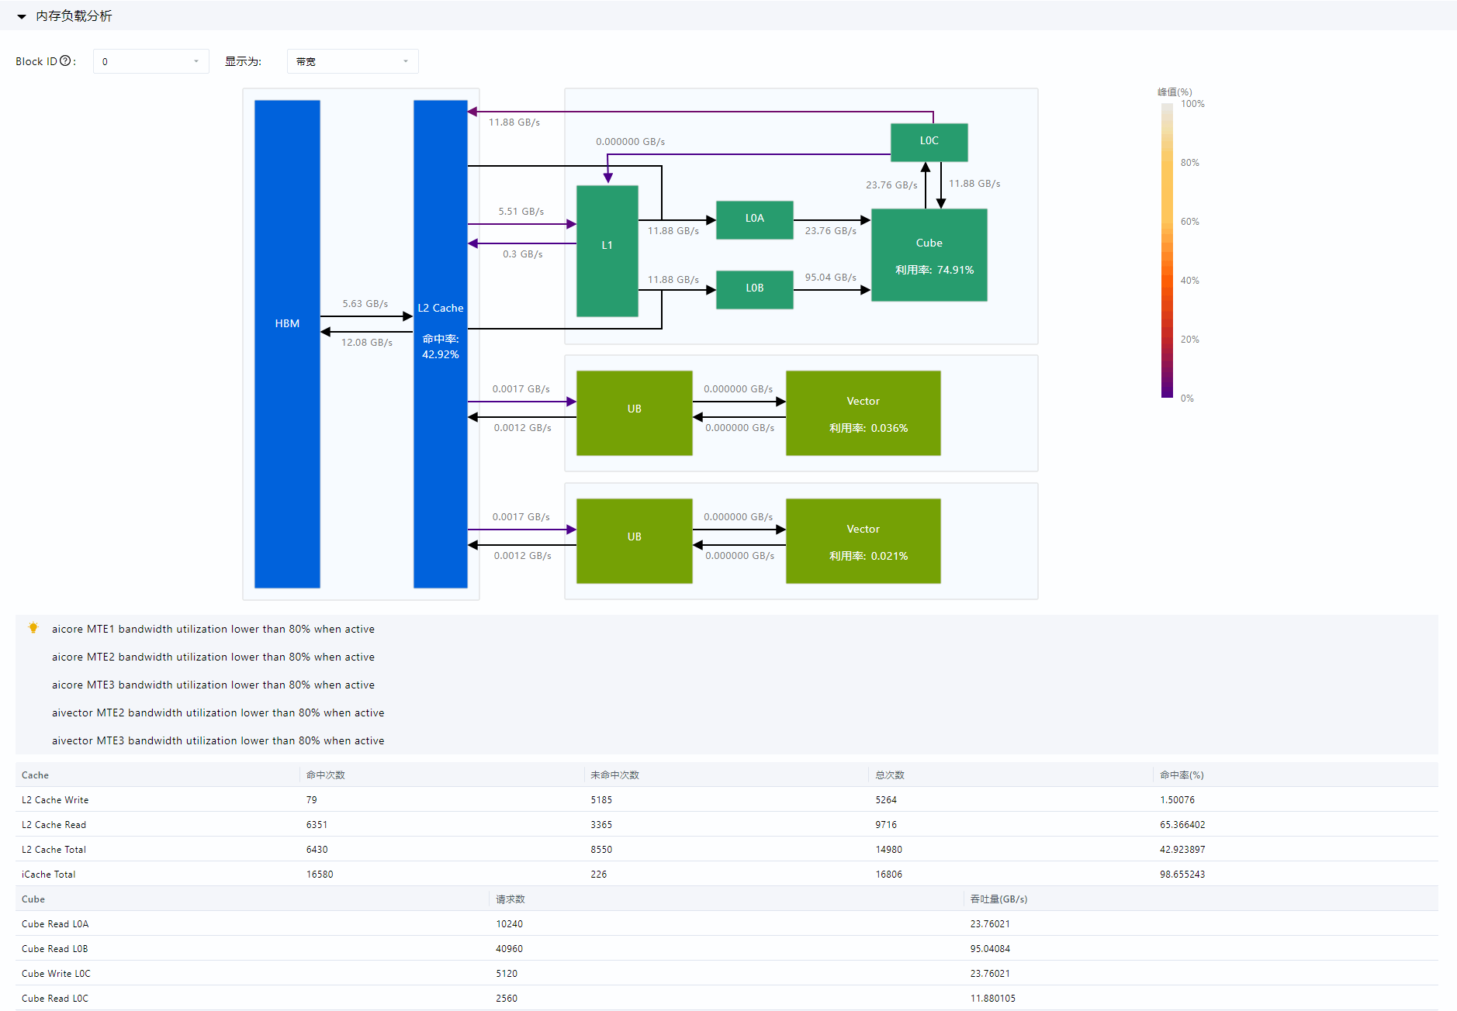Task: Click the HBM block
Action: pyautogui.click(x=287, y=343)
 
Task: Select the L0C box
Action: pyautogui.click(x=929, y=142)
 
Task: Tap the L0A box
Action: pyautogui.click(x=754, y=219)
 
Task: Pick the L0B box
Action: pyautogui.click(x=754, y=289)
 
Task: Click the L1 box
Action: pyautogui.click(x=607, y=250)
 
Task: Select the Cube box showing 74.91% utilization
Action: pyautogui.click(x=929, y=254)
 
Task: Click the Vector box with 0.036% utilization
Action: pyautogui.click(x=863, y=412)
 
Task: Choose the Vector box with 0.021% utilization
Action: pyautogui.click(x=863, y=540)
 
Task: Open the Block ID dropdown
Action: pyautogui.click(x=151, y=61)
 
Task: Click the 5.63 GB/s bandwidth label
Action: pyautogui.click(x=365, y=304)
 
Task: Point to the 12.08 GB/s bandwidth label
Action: pyautogui.click(x=367, y=343)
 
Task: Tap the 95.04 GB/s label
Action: pyautogui.click(x=830, y=278)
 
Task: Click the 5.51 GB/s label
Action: pyautogui.click(x=521, y=212)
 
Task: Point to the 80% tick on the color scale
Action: pyautogui.click(x=1189, y=163)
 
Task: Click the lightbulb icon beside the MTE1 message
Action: pyautogui.click(x=33, y=628)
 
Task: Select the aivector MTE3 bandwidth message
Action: pyautogui.click(x=218, y=740)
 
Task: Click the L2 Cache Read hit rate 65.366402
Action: pyautogui.click(x=1182, y=825)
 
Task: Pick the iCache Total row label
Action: pyautogui.click(x=49, y=875)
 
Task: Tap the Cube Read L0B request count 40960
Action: pyautogui.click(x=509, y=949)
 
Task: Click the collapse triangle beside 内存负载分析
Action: pyautogui.click(x=22, y=16)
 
